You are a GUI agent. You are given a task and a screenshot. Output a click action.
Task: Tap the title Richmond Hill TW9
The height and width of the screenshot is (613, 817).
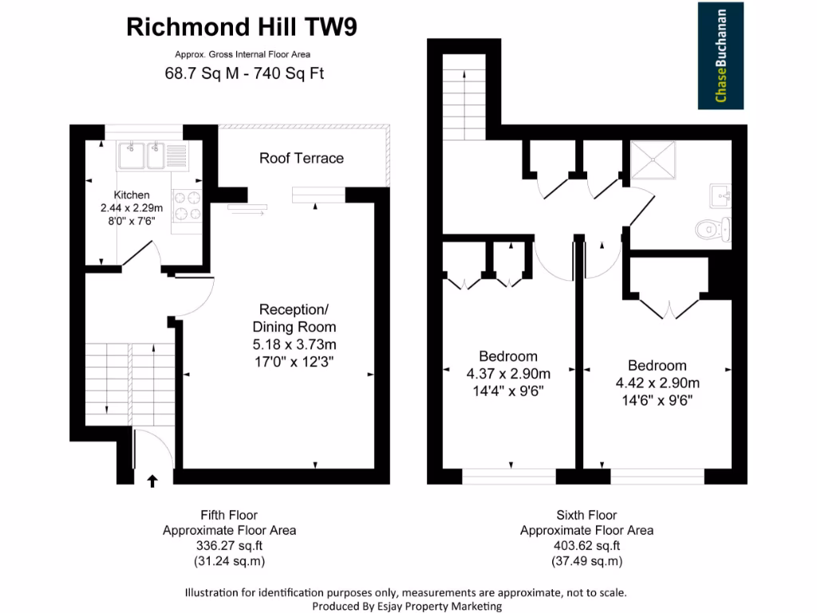click(x=242, y=27)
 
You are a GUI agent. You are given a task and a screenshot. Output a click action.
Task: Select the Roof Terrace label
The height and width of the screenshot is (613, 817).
click(x=302, y=158)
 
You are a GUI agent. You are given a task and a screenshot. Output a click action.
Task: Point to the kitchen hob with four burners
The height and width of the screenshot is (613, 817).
click(x=187, y=205)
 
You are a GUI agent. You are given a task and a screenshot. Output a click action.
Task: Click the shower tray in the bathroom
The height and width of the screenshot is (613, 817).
click(x=653, y=162)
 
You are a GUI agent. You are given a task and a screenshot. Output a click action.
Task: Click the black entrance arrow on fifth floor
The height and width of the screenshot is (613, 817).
click(x=152, y=480)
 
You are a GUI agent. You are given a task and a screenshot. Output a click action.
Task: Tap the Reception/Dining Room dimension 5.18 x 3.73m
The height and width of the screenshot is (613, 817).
click(x=294, y=345)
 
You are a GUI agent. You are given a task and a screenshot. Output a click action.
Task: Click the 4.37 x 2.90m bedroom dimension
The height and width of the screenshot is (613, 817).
click(x=508, y=374)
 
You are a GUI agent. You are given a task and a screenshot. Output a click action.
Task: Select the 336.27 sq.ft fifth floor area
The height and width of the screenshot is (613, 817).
click(x=229, y=546)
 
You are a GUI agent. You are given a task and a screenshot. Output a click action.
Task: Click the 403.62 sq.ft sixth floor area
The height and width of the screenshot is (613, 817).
click(x=586, y=546)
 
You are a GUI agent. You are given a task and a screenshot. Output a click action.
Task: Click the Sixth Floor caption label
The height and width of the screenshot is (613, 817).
click(x=586, y=515)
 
